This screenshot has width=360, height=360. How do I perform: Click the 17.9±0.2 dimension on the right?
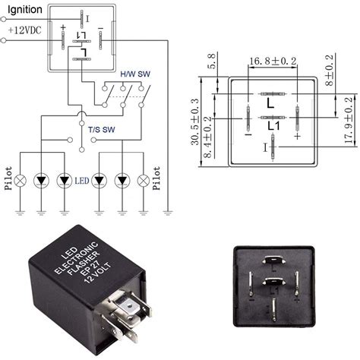[x=349, y=123]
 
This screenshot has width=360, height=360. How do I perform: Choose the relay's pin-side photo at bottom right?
[x=274, y=289]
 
